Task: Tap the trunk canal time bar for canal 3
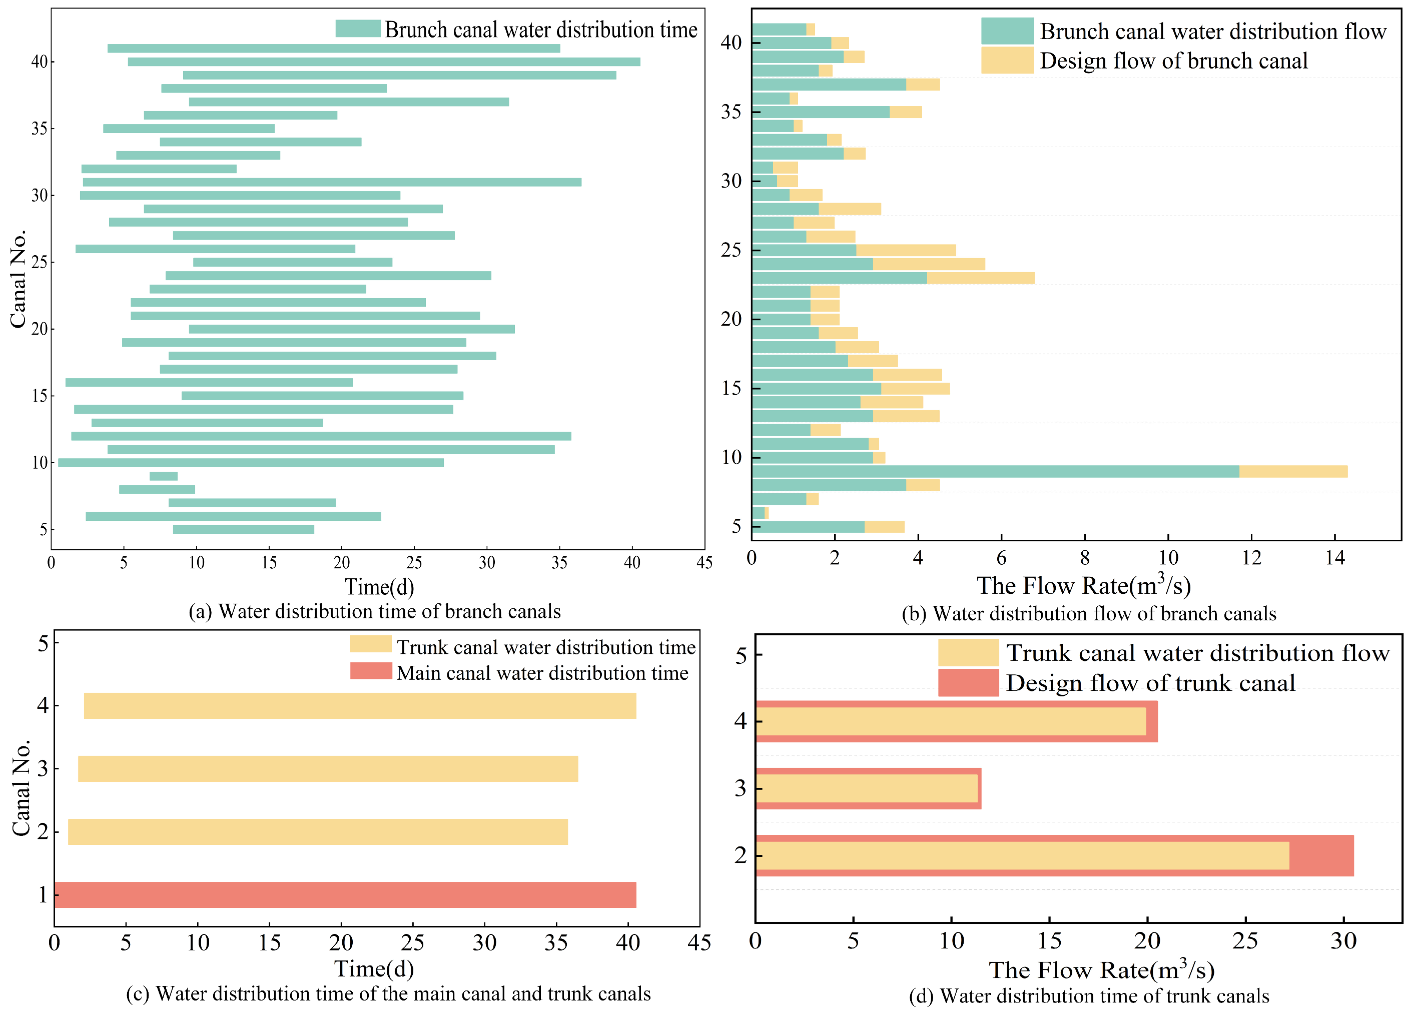pyautogui.click(x=328, y=768)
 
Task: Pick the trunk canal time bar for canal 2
pyautogui.click(x=318, y=832)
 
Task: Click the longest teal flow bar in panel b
pyautogui.click(x=995, y=471)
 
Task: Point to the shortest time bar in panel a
pyautogui.click(x=164, y=476)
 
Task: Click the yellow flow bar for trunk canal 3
pyautogui.click(x=867, y=788)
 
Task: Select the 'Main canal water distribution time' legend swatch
pyautogui.click(x=371, y=671)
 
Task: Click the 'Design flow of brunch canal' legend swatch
pyautogui.click(x=1007, y=61)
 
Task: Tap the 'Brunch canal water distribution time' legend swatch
pyautogui.click(x=358, y=29)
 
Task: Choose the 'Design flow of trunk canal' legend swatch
pyautogui.click(x=968, y=683)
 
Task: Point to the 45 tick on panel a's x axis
pyautogui.click(x=704, y=563)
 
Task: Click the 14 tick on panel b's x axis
pyautogui.click(x=1335, y=558)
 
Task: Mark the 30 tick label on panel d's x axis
pyautogui.click(x=1343, y=941)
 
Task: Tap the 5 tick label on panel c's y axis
pyautogui.click(x=43, y=643)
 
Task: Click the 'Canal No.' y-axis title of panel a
pyautogui.click(x=19, y=279)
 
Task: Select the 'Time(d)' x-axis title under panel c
pyautogui.click(x=374, y=968)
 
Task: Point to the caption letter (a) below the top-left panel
pyautogui.click(x=200, y=612)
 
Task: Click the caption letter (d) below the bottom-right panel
pyautogui.click(x=921, y=996)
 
